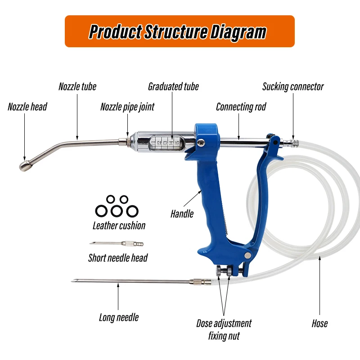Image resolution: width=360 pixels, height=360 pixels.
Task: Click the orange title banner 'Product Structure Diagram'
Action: click(x=180, y=31)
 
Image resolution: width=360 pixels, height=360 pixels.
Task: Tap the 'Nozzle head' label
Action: click(x=27, y=107)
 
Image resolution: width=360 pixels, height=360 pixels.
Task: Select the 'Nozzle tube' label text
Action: click(x=77, y=86)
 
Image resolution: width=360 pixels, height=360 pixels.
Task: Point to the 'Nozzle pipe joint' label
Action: click(x=127, y=107)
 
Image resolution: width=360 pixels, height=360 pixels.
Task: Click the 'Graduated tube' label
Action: click(x=173, y=86)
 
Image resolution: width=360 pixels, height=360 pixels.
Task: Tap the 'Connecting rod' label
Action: click(x=241, y=107)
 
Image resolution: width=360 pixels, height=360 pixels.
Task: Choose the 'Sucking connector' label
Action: click(x=293, y=86)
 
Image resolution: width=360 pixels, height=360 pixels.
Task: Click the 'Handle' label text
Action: click(x=182, y=213)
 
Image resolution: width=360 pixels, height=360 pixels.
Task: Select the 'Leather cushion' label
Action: click(x=119, y=225)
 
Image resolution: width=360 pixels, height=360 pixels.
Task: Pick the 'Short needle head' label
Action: click(x=118, y=258)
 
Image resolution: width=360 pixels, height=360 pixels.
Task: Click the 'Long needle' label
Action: click(x=119, y=317)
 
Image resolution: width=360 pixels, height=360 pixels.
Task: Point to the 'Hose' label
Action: click(x=319, y=324)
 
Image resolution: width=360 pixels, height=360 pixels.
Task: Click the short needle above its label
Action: click(x=117, y=244)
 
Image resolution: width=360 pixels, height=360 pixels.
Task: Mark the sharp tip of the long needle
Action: click(x=72, y=282)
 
